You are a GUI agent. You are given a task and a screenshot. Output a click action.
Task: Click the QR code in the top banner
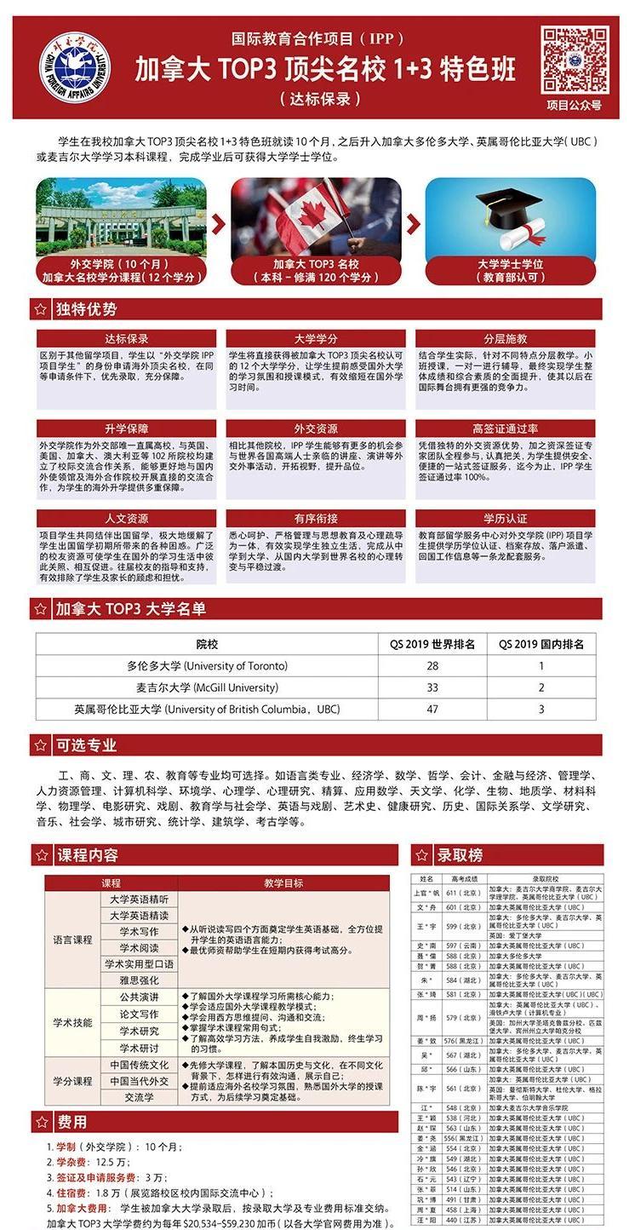point(574,58)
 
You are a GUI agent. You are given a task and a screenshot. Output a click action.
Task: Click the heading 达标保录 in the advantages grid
point(126,338)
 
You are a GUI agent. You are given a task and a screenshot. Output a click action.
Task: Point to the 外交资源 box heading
point(316,428)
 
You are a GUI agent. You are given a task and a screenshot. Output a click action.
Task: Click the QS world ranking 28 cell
point(433,665)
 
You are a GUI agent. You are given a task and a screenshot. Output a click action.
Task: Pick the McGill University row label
point(207,687)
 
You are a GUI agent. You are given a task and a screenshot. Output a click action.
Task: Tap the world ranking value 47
point(433,709)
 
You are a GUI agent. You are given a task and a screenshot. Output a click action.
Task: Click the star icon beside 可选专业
point(40,745)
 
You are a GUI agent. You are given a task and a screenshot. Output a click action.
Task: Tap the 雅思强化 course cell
point(140,980)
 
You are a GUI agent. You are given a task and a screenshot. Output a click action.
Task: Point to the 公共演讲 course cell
point(140,997)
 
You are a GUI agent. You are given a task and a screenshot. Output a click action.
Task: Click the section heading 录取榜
point(460,854)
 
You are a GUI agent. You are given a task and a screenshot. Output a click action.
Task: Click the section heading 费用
point(72,1122)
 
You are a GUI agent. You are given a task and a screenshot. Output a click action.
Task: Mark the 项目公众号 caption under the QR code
point(574,106)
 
